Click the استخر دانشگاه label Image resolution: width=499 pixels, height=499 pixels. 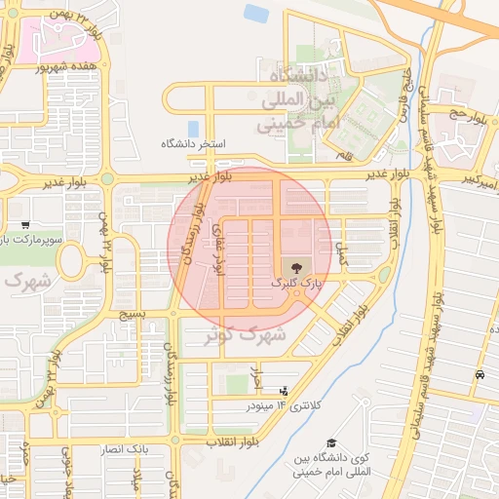(x=194, y=144)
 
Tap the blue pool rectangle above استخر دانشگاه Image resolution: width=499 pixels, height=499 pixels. (x=193, y=128)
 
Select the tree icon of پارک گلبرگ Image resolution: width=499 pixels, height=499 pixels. (x=294, y=266)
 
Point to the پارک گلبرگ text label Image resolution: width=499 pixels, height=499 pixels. (x=294, y=283)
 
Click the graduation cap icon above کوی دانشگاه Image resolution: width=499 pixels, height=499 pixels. (x=332, y=443)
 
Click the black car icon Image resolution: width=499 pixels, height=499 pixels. (x=480, y=375)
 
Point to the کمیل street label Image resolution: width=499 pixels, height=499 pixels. (x=340, y=256)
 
